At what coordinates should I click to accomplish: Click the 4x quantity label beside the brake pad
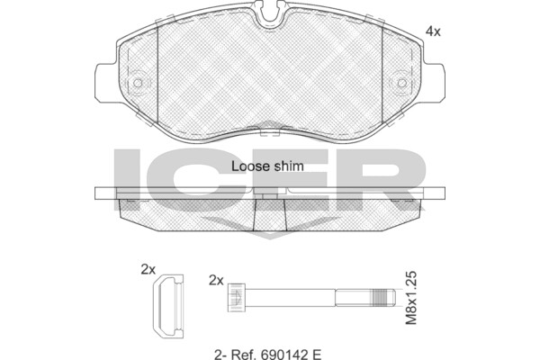pyautogui.click(x=433, y=32)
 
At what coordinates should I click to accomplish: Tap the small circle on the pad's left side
pyautogui.click(x=138, y=83)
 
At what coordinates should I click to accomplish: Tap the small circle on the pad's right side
pyautogui.click(x=401, y=83)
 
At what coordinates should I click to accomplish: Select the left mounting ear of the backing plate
pyautogui.click(x=106, y=83)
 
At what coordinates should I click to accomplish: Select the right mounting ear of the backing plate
pyautogui.click(x=433, y=83)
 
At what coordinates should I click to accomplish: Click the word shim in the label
pyautogui.click(x=289, y=166)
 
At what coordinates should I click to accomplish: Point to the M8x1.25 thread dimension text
pyautogui.click(x=411, y=298)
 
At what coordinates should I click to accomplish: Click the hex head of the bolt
pyautogui.click(x=237, y=298)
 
